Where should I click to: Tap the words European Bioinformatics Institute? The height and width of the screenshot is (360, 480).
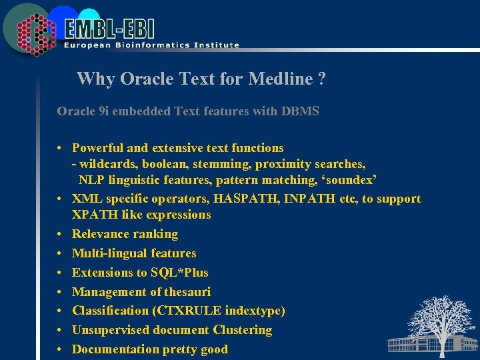[151, 45]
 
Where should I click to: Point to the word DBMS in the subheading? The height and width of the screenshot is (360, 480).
[301, 111]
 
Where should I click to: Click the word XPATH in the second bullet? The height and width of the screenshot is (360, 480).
[93, 215]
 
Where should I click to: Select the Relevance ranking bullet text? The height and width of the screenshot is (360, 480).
[125, 234]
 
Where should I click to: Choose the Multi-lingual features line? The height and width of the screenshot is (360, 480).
[134, 253]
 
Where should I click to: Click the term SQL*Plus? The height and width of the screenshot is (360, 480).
[179, 272]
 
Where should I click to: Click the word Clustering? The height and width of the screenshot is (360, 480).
[243, 330]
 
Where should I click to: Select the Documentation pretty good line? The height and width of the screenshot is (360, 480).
[149, 349]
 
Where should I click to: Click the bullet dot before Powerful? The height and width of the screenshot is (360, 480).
[59, 148]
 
